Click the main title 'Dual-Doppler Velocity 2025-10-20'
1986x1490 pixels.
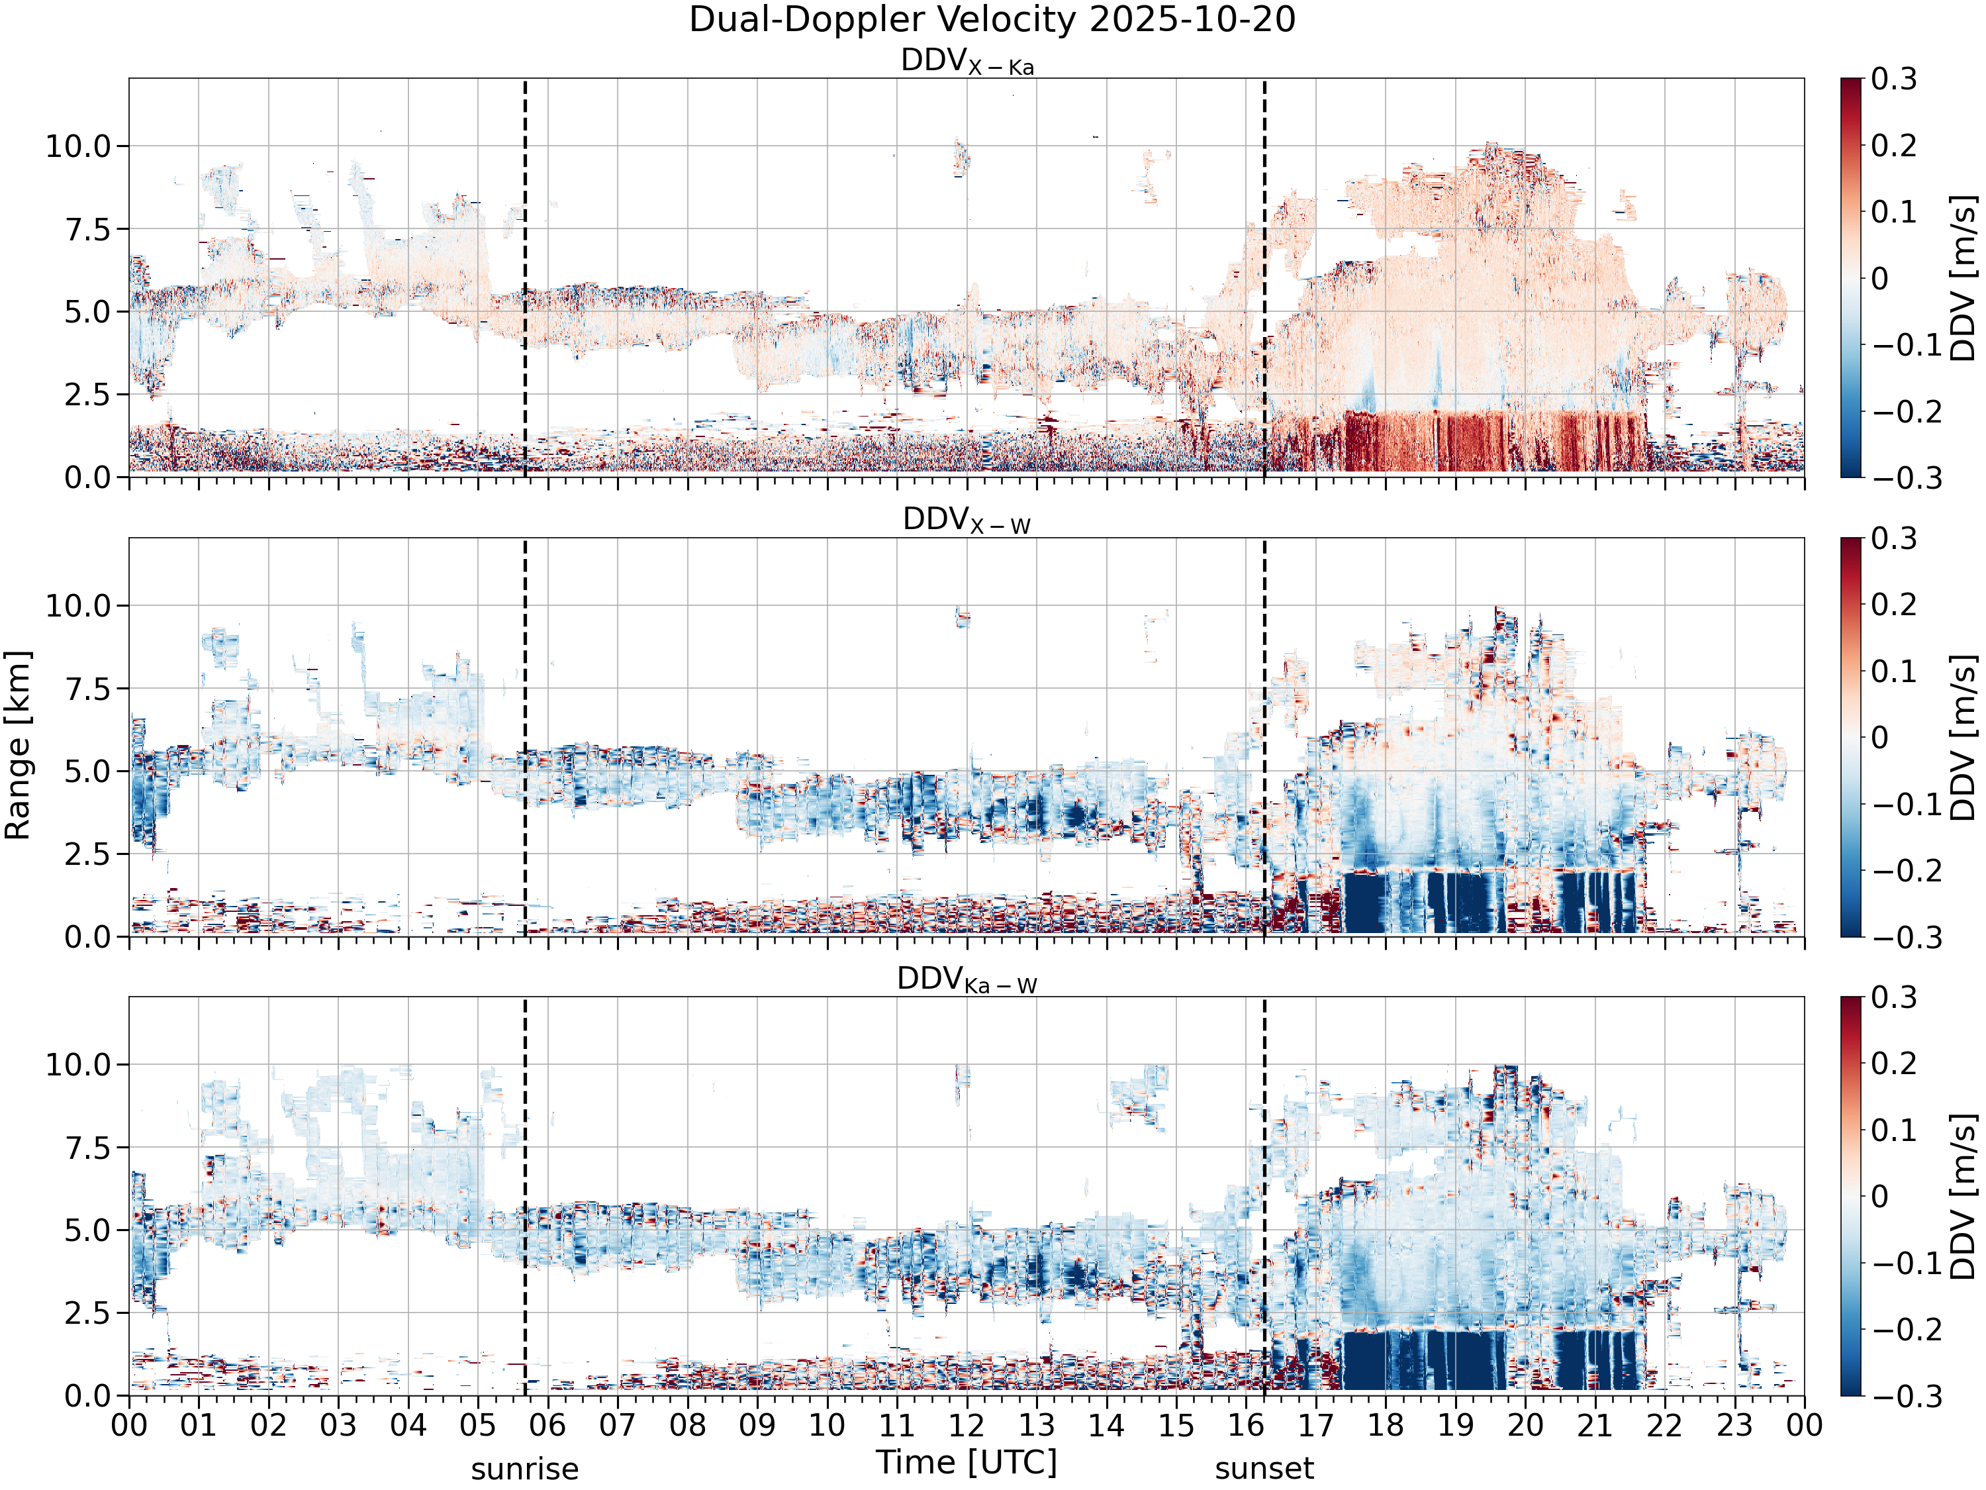(992, 20)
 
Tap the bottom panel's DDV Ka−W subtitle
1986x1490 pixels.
(967, 980)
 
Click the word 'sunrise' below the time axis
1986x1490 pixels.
(525, 1469)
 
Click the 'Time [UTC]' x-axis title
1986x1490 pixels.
(967, 1462)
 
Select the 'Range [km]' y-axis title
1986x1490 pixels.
(18, 746)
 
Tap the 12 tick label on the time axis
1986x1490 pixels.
(967, 1424)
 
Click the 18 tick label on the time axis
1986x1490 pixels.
(1386, 1424)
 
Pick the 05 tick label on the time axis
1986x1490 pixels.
(478, 1424)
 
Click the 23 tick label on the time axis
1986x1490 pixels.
(1734, 1424)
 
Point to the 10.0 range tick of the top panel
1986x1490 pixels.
(77, 146)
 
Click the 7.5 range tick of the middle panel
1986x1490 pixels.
(87, 689)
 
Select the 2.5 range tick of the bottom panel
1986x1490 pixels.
(87, 1313)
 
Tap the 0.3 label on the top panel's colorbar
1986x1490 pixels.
(1895, 79)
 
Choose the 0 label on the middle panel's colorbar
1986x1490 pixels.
(1880, 737)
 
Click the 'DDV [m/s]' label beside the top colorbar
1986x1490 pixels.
(1964, 277)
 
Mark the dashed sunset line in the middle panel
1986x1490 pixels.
(1264, 737)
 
